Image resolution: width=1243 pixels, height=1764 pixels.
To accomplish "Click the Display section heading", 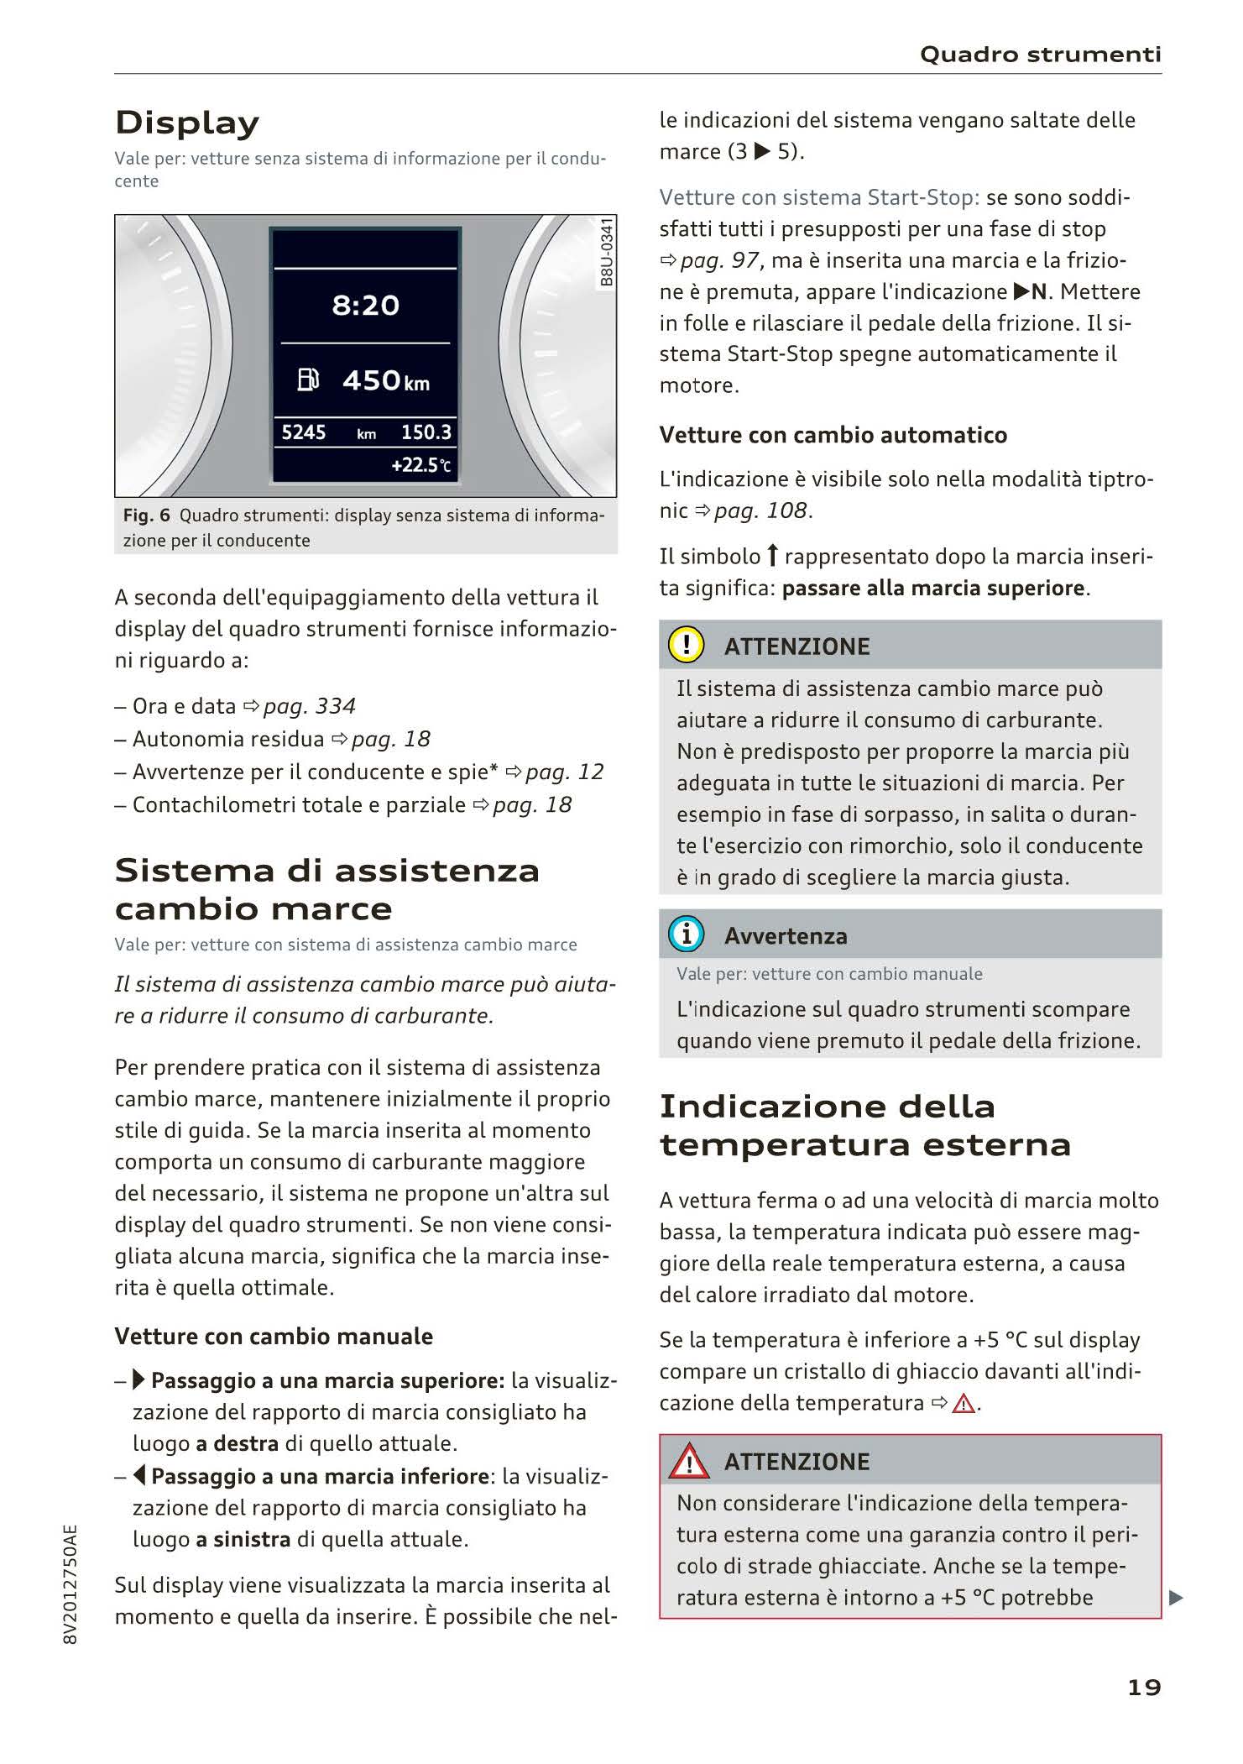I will tap(187, 123).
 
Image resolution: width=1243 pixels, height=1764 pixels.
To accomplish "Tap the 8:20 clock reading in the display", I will tap(365, 305).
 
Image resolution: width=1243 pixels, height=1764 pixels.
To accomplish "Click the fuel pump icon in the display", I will tap(308, 380).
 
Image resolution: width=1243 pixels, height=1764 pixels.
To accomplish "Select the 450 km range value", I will tap(385, 381).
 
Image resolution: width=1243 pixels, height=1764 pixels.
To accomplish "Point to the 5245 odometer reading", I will tap(303, 432).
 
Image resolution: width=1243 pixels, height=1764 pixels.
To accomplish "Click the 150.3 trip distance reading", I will tap(426, 432).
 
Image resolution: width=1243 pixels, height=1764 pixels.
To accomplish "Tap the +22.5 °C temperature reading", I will tap(420, 465).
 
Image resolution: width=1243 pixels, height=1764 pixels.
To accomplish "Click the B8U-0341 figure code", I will tap(607, 252).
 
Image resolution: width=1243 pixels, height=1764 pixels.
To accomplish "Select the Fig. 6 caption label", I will tap(146, 516).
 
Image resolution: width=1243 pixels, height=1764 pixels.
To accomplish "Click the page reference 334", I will tap(336, 706).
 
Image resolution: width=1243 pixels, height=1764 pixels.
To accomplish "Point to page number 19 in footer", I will tap(1144, 1687).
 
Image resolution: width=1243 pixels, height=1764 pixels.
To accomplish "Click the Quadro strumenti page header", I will tap(1040, 55).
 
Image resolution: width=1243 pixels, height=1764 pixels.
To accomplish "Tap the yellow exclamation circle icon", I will tap(686, 645).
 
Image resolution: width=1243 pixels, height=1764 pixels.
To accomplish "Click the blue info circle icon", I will tap(686, 934).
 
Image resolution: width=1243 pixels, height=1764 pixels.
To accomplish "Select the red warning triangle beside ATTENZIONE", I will tap(688, 1462).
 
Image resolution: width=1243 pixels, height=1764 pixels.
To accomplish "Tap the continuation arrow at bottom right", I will tap(1176, 1598).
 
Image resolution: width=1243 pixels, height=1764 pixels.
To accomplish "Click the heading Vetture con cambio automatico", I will tap(833, 435).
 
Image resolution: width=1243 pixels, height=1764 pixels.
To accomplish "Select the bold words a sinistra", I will tap(243, 1539).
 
